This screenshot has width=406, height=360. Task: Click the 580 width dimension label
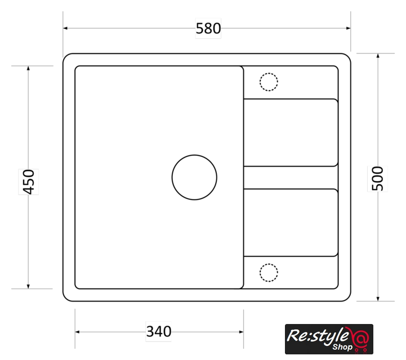coord(208,29)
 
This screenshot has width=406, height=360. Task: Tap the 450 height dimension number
coord(29,182)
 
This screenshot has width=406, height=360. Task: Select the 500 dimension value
coord(377,179)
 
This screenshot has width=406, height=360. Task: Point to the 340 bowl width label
coord(159,331)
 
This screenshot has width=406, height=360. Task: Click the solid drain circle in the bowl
coord(194,155)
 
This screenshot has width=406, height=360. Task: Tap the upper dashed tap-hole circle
coord(269,73)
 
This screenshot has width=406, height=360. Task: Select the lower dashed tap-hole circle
coord(269,264)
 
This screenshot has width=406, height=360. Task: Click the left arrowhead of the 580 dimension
coord(65,28)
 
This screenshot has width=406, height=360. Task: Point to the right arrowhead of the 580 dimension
coord(348,28)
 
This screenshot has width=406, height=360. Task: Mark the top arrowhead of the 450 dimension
coord(28,68)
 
